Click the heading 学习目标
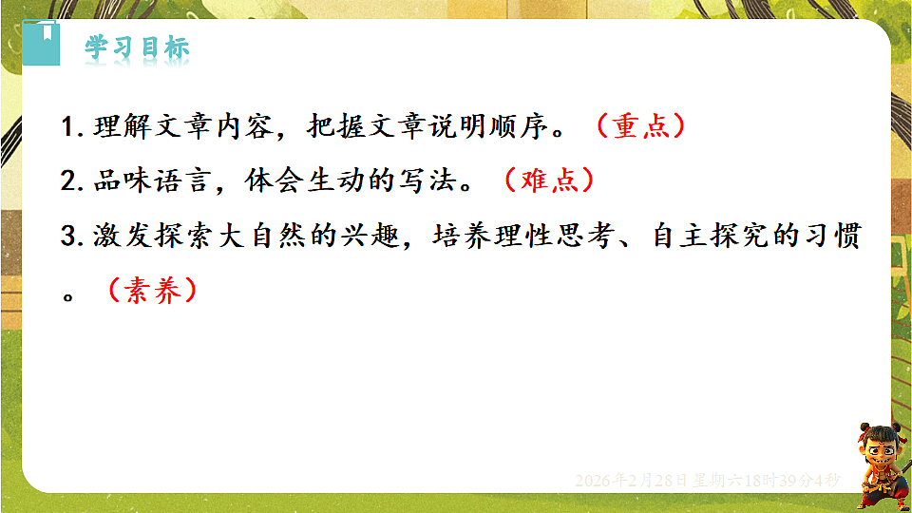[137, 48]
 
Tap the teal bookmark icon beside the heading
[40, 44]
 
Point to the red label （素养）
[152, 291]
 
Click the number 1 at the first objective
[66, 128]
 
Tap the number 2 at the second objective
[66, 182]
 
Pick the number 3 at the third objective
[66, 237]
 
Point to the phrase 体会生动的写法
[348, 181]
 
